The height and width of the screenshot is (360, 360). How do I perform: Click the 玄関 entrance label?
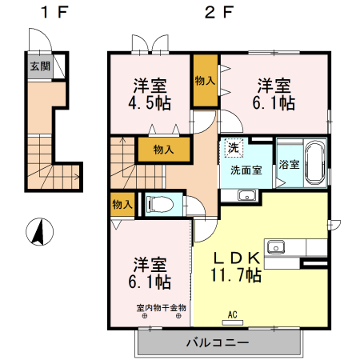40,67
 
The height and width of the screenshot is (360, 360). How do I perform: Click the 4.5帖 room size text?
150,103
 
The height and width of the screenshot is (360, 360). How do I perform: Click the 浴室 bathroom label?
289,166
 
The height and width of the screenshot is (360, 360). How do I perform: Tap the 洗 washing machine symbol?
233,147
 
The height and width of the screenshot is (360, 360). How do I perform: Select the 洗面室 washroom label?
246,170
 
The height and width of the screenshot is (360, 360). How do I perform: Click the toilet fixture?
160,204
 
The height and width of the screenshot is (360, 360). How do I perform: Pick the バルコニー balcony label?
218,343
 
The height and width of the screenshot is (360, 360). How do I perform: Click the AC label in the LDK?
234,314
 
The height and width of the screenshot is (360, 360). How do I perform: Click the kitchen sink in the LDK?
278,246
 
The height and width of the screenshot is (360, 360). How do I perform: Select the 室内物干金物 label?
161,307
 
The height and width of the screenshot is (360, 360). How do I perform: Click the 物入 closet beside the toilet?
122,205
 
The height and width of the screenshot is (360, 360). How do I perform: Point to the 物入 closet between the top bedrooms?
204,80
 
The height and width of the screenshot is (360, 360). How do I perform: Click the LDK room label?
236,258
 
